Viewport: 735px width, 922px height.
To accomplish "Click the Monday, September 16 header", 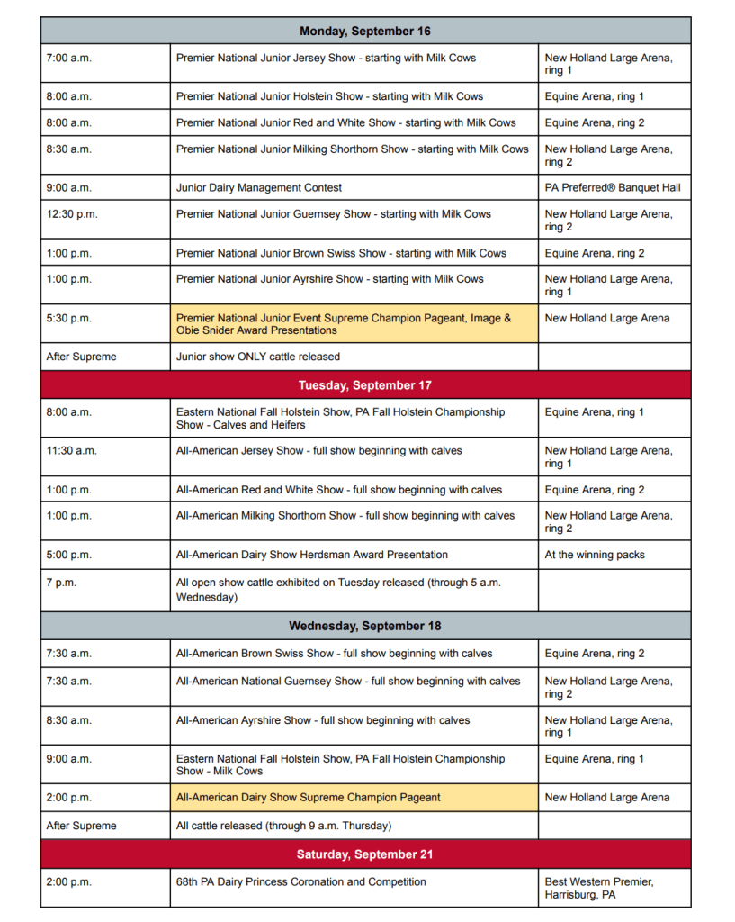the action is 365,32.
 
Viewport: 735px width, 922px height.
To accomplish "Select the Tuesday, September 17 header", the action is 365,385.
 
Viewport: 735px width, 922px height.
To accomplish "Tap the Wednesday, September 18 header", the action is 365,626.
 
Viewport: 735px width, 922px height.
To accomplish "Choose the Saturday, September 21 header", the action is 365,854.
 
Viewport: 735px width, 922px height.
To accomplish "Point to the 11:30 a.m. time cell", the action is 72,451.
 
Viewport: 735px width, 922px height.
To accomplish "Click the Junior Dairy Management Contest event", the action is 259,188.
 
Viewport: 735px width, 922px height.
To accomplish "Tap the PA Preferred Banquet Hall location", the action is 613,188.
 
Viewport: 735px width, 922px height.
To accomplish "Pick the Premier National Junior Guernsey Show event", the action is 334,214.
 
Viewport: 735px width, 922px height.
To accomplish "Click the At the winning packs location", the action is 595,555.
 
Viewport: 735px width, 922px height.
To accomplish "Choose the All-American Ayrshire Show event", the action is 323,720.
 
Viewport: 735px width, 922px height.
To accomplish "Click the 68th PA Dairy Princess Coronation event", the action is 301,881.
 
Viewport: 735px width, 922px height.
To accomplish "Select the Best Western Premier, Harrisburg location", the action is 599,888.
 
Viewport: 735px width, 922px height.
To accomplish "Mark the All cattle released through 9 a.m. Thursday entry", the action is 283,826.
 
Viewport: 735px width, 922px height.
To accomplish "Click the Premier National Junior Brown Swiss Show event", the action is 341,253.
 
